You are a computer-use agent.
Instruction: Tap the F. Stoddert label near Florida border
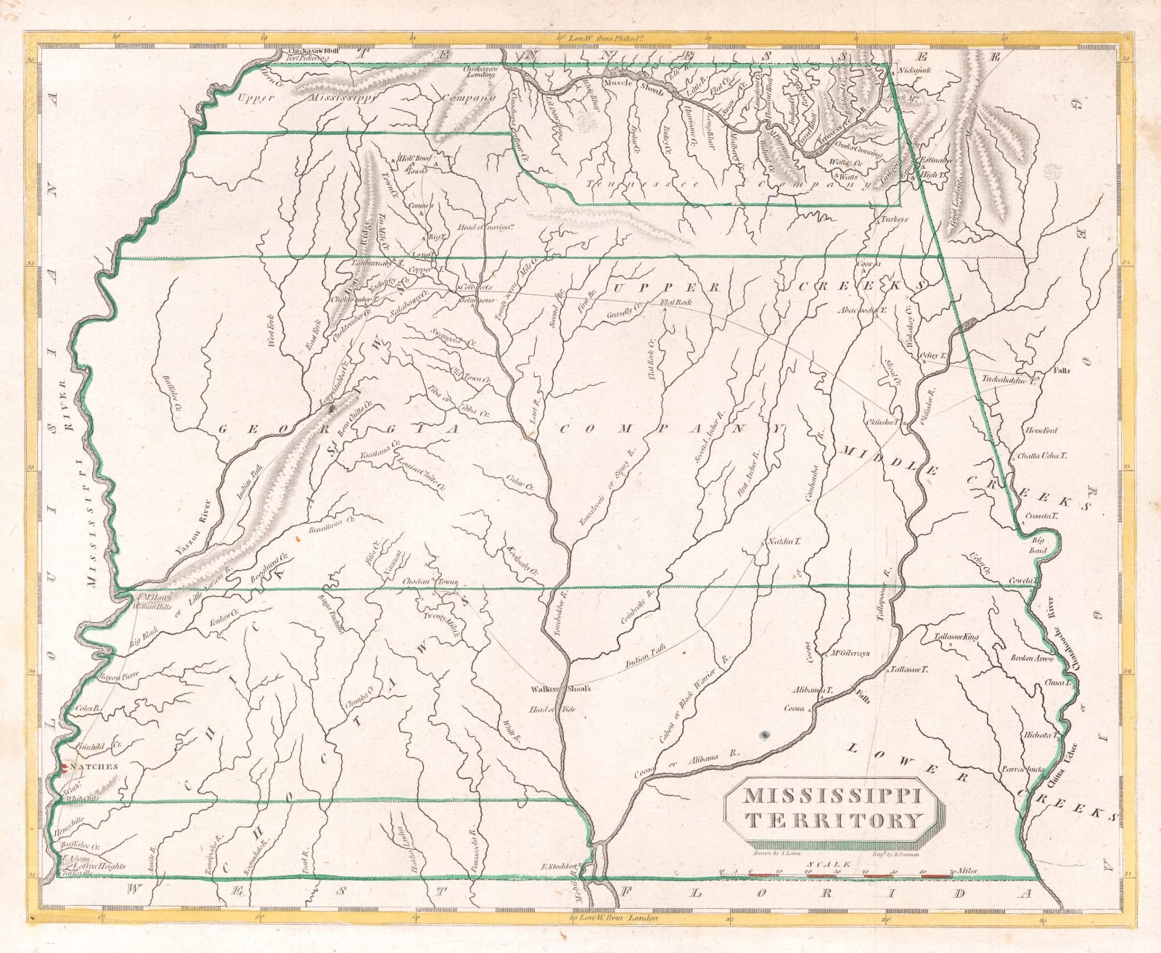[560, 866]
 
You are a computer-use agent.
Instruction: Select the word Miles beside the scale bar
[967, 871]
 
